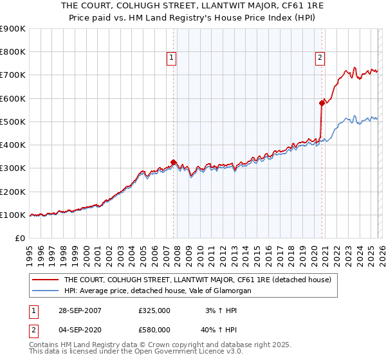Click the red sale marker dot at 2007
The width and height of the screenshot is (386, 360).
click(x=174, y=163)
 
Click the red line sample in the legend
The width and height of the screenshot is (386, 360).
click(x=45, y=280)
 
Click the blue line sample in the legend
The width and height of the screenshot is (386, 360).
click(x=45, y=291)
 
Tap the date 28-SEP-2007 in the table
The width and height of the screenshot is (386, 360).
click(x=79, y=310)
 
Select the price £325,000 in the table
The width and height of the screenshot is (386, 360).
click(x=154, y=310)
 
